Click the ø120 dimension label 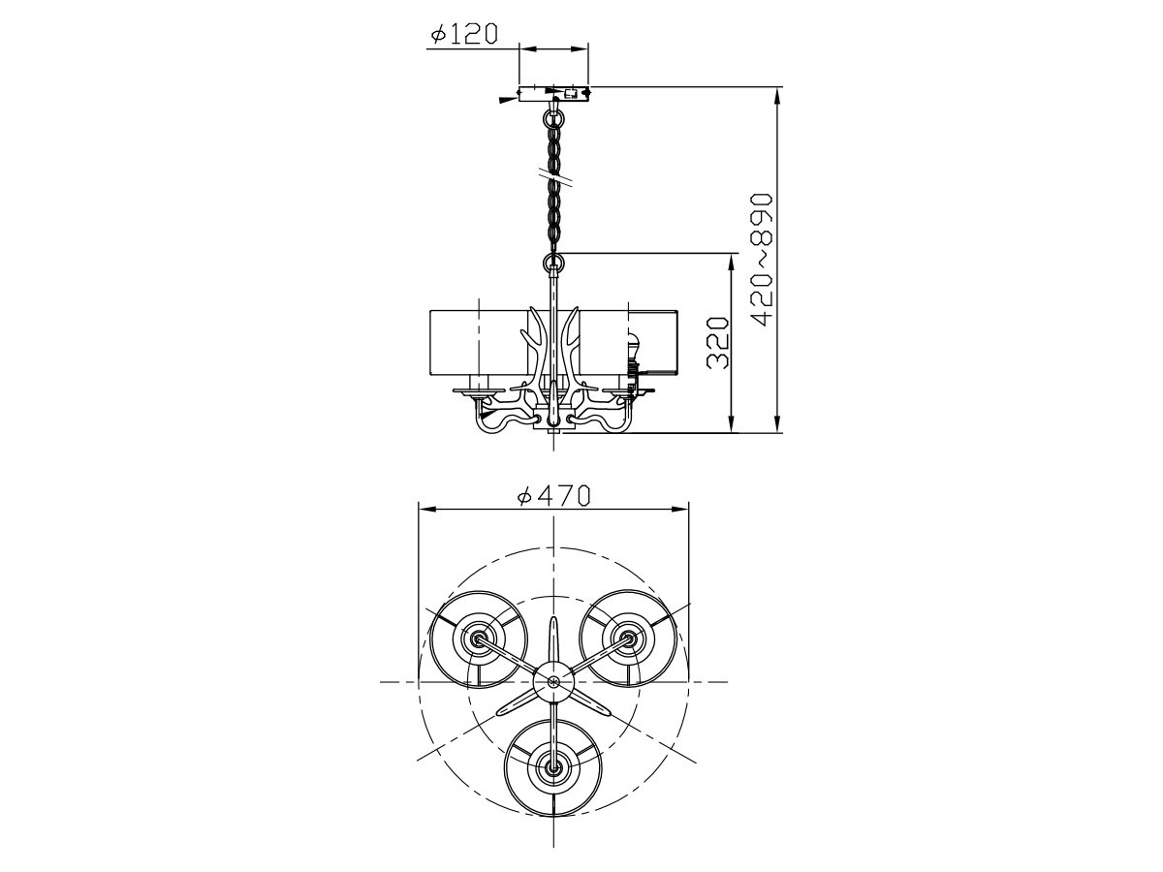[x=464, y=33]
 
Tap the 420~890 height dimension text [x=762, y=260]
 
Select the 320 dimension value [x=718, y=343]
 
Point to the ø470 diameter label [x=553, y=496]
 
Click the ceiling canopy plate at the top [x=553, y=94]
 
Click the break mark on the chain [x=554, y=178]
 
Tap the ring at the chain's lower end [x=554, y=262]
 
